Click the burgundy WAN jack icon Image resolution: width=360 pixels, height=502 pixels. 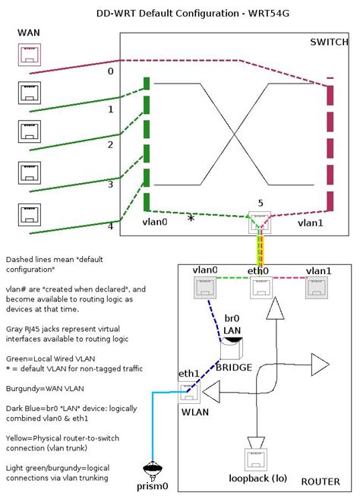[x=30, y=55]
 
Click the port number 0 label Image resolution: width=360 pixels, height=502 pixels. [x=110, y=71]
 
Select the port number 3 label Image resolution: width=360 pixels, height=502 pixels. [x=110, y=184]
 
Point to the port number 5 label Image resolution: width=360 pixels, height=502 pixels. [x=260, y=204]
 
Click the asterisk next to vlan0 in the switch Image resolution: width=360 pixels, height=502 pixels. [x=191, y=219]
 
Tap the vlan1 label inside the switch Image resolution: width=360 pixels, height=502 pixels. [x=310, y=223]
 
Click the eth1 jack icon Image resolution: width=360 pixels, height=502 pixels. [x=188, y=391]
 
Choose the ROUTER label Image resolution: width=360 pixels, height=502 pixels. [x=321, y=481]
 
